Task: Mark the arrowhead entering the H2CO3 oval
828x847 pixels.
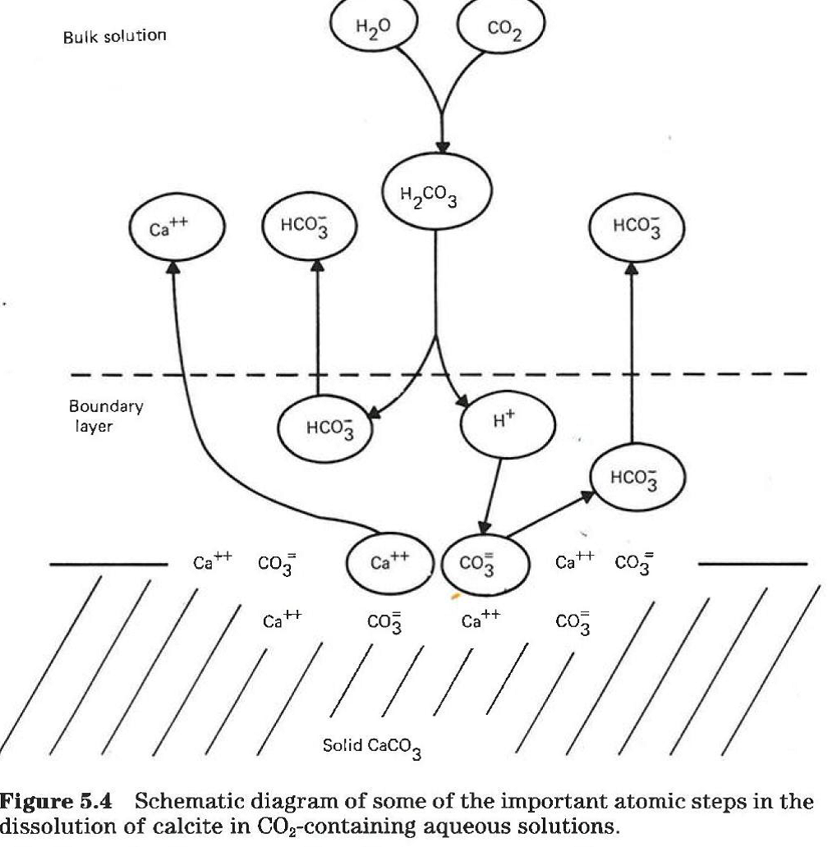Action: (x=443, y=145)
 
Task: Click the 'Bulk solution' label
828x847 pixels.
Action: (x=115, y=36)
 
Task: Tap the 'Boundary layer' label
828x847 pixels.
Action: (x=106, y=415)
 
